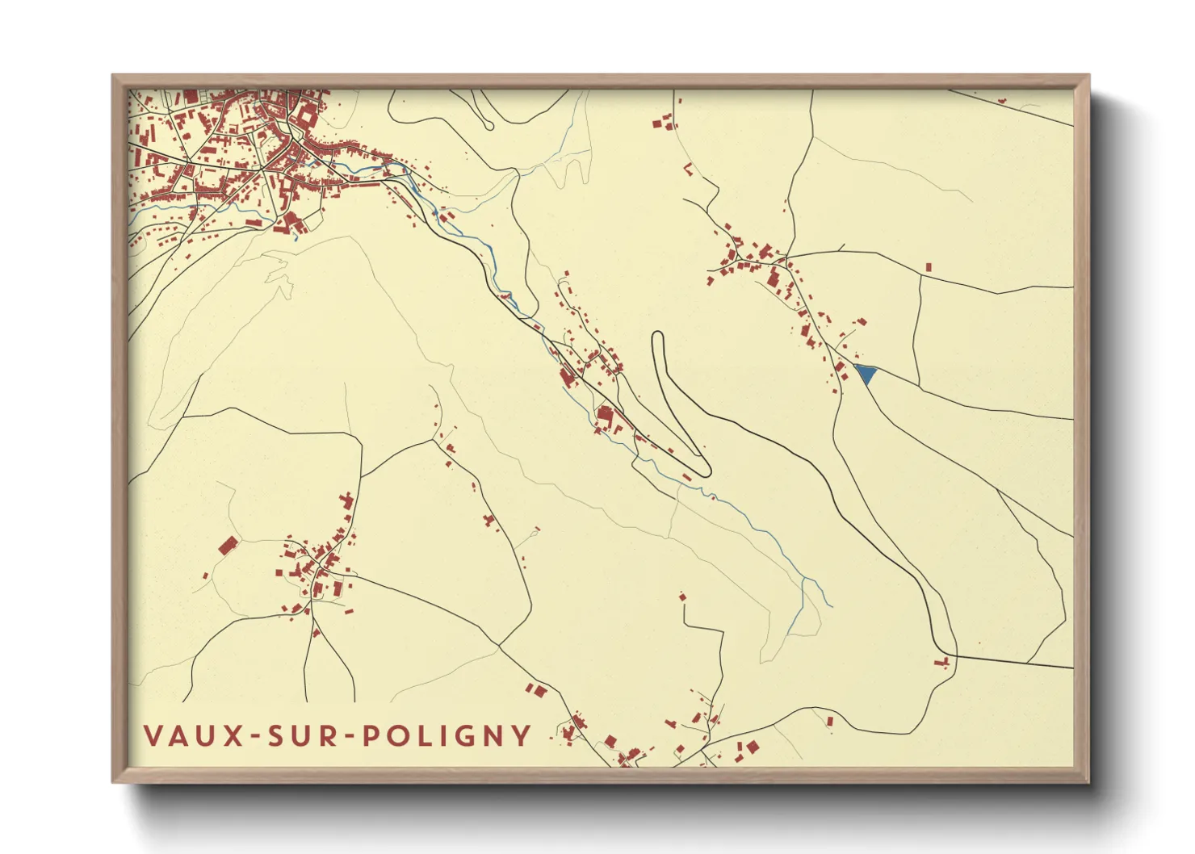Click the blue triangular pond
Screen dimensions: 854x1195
pyautogui.click(x=865, y=373)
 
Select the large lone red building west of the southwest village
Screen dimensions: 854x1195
pyautogui.click(x=229, y=546)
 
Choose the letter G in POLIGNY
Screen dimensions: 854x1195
pyautogui.click(x=463, y=735)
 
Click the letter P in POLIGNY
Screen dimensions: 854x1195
pyautogui.click(x=369, y=735)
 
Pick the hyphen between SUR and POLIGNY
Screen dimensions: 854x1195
pyautogui.click(x=346, y=736)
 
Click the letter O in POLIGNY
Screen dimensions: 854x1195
pyautogui.click(x=395, y=735)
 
